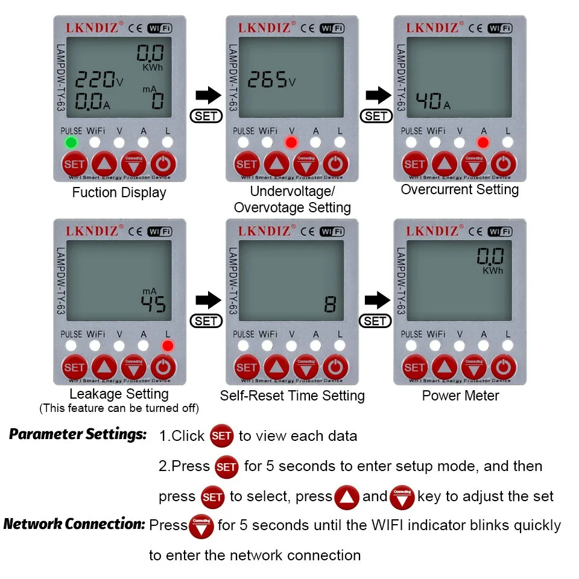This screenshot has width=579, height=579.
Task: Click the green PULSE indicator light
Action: point(71,143)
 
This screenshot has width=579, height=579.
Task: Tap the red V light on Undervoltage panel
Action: point(292,143)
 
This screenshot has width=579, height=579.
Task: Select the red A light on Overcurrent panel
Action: point(482,143)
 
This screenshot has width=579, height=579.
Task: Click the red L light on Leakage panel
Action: point(168,346)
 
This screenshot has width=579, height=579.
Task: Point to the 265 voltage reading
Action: point(268,81)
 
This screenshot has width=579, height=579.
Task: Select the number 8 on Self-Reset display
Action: point(330,305)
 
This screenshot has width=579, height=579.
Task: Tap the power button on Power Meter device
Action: point(503,367)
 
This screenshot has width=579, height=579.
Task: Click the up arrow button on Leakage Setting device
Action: point(105,367)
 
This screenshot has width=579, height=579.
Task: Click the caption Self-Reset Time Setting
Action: point(293,396)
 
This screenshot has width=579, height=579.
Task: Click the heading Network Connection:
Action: point(74,524)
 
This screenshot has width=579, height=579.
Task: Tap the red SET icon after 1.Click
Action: point(221,436)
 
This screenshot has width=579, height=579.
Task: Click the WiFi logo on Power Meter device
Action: point(500,231)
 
